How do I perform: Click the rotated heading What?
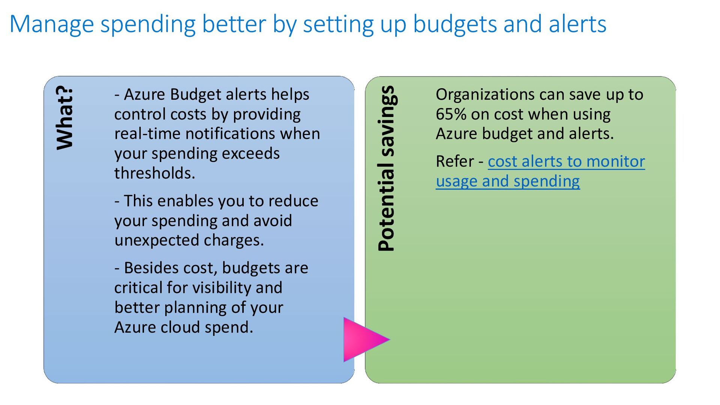pos(64,118)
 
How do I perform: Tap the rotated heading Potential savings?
pos(386,168)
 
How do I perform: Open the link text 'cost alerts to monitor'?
pos(566,162)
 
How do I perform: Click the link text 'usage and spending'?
pos(508,181)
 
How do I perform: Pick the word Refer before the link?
pos(455,162)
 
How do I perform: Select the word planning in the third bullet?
pos(195,308)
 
